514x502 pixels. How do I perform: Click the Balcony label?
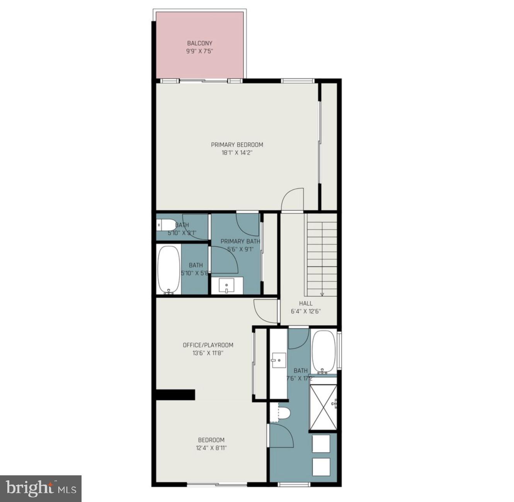click(199, 43)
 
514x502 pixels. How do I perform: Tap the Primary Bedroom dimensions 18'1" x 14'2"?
click(237, 153)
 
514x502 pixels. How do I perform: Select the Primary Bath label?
click(240, 241)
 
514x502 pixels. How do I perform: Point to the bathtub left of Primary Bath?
click(168, 269)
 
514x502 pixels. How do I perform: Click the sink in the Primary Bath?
click(226, 286)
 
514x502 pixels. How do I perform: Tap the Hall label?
click(306, 303)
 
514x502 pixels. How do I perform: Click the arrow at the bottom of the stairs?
click(322, 294)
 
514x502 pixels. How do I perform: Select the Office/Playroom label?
click(208, 345)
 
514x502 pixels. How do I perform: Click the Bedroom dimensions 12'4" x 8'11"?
click(211, 448)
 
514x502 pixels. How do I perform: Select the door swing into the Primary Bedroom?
click(292, 200)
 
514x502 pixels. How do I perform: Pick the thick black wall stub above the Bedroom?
click(175, 394)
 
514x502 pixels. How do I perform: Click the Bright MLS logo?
click(41, 488)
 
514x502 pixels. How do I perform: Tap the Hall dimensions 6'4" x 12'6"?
click(306, 311)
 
